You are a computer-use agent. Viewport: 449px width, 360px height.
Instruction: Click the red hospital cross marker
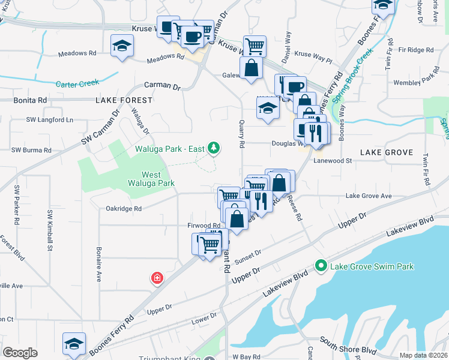(x=157, y=278)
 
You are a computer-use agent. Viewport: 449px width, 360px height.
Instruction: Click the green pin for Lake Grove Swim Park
(x=321, y=265)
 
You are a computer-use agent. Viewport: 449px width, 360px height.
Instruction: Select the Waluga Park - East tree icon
(x=213, y=148)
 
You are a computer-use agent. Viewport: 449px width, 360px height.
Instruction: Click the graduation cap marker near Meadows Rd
(x=122, y=46)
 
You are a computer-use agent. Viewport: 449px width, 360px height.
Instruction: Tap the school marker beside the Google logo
(x=74, y=343)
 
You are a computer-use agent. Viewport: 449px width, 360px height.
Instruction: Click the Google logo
(x=20, y=353)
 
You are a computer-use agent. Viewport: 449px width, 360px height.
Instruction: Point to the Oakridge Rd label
(x=123, y=209)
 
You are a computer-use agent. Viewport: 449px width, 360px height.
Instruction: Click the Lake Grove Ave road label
(x=368, y=196)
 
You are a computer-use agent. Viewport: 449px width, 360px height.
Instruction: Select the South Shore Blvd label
(x=348, y=349)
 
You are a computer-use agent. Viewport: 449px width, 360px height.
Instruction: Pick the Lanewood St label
(x=331, y=161)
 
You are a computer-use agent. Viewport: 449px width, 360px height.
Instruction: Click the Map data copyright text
(x=423, y=355)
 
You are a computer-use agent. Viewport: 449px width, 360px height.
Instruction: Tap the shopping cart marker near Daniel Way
(x=255, y=46)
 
